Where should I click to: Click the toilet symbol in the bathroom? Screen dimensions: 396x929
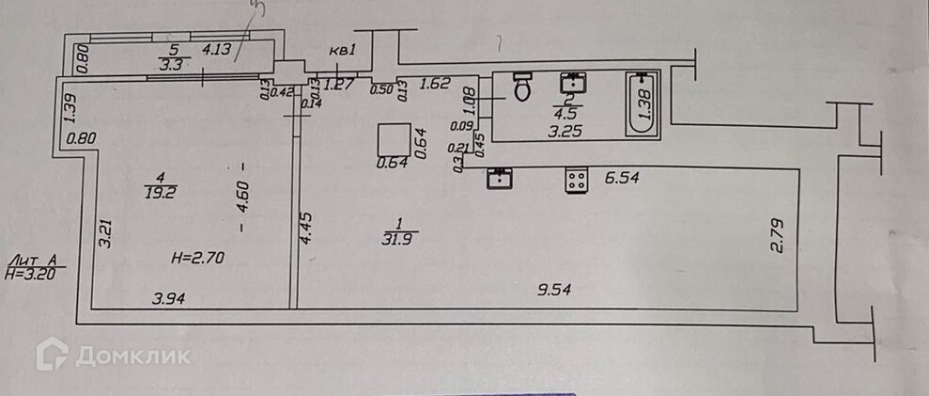(523, 87)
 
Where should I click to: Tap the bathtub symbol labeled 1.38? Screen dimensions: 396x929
(643, 104)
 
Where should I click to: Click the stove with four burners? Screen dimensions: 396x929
(576, 179)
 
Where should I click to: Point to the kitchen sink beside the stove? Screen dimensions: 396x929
(499, 178)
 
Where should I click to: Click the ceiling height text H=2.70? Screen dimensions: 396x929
(198, 254)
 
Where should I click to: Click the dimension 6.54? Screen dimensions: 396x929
(622, 178)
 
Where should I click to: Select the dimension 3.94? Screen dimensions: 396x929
(171, 298)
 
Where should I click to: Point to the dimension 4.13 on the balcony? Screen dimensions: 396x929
(217, 48)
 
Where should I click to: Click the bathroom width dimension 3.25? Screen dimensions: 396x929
(565, 131)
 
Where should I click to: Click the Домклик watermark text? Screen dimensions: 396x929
(132, 355)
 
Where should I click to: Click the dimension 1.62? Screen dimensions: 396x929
(434, 83)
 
